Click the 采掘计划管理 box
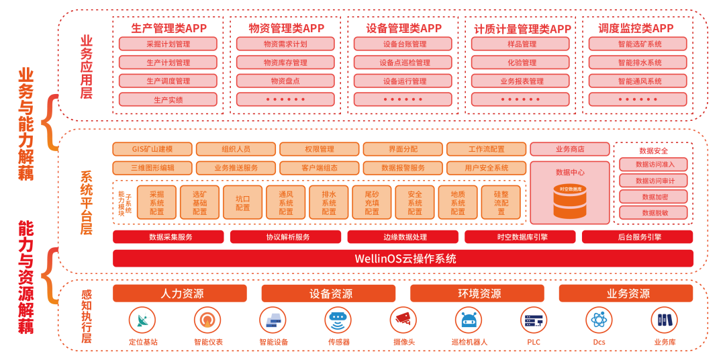(x=168, y=44)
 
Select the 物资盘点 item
(x=285, y=81)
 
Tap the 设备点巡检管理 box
(x=403, y=62)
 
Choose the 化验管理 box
(x=520, y=62)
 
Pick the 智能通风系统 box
(x=638, y=81)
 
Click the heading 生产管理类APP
(x=168, y=28)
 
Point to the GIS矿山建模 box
(x=152, y=149)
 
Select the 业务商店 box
(x=570, y=149)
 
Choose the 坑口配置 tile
(x=243, y=202)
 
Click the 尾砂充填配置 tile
(x=372, y=202)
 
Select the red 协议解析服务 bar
(x=285, y=237)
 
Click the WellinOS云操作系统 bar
(x=403, y=259)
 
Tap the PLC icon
(x=534, y=320)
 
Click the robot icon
(x=469, y=320)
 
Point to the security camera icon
(x=403, y=320)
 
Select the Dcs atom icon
(x=599, y=320)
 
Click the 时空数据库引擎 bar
(x=520, y=237)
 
